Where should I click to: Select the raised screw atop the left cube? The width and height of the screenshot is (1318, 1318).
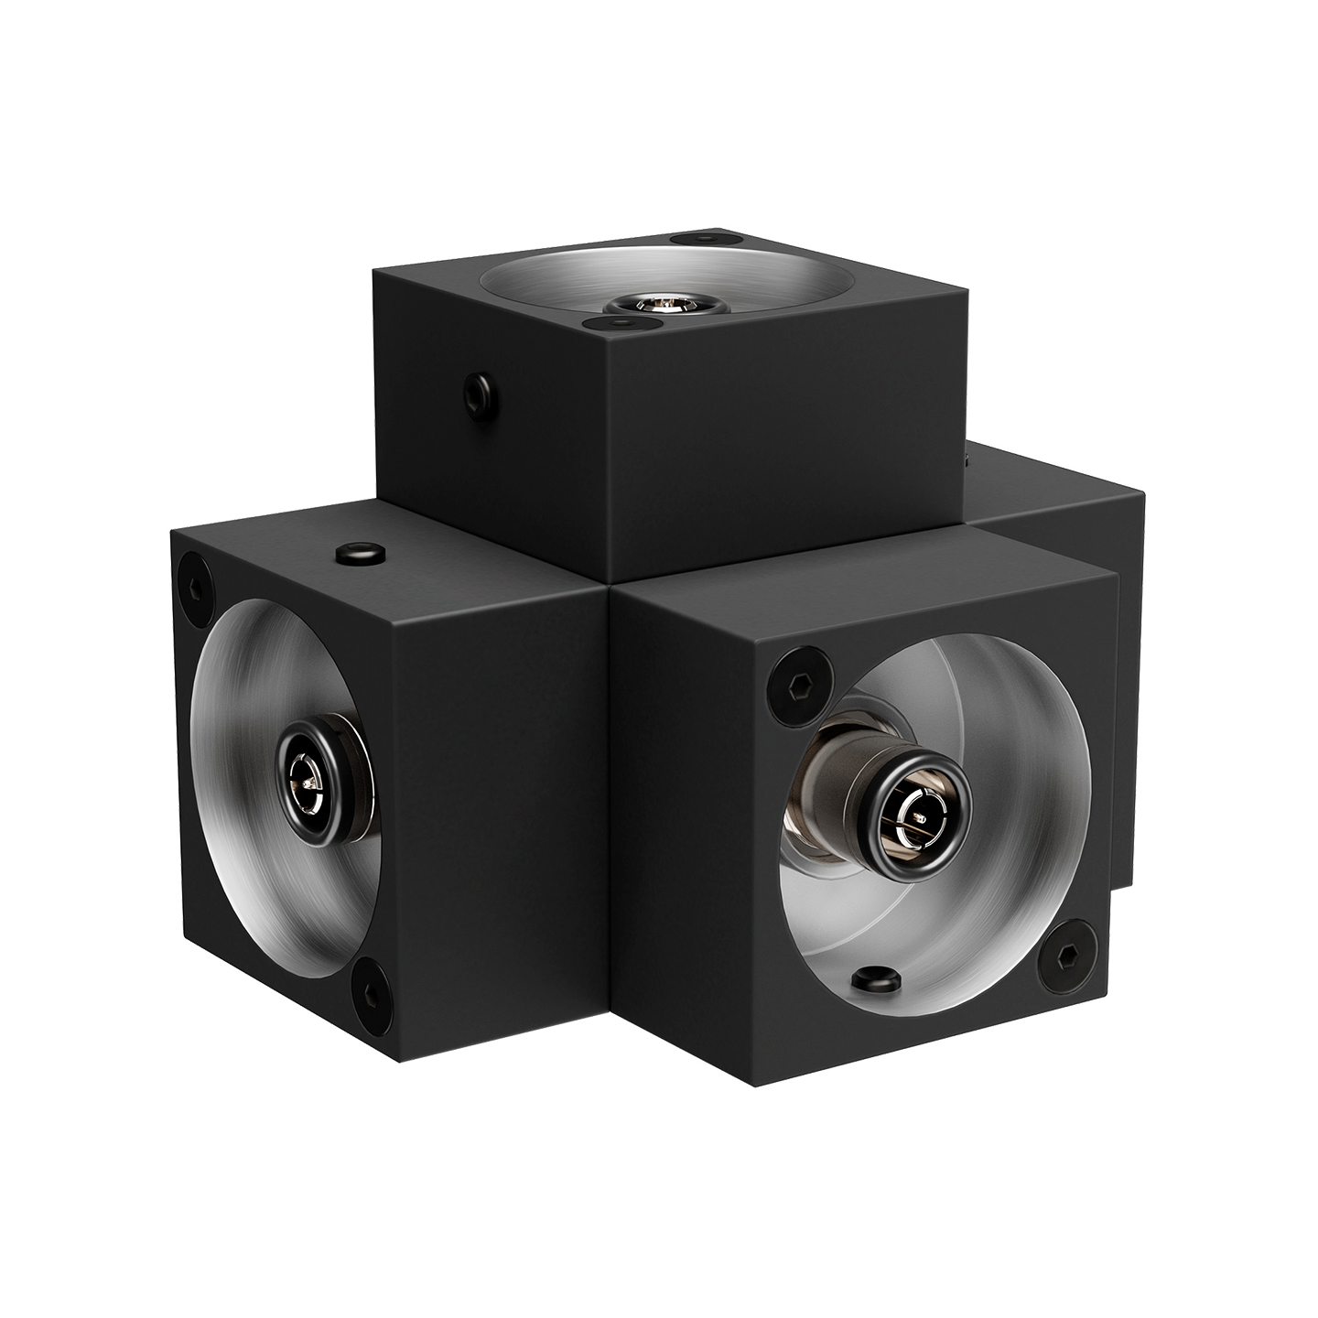361,553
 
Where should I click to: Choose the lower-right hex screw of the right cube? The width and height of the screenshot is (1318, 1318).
1064,957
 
